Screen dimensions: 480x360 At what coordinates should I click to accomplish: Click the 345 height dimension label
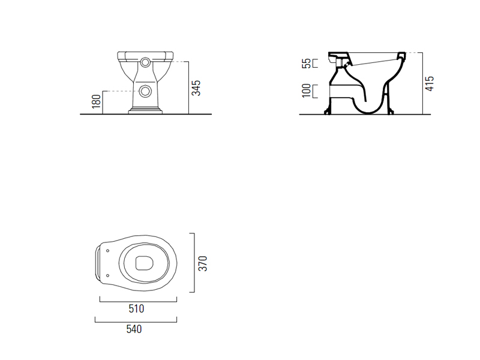pyautogui.click(x=196, y=88)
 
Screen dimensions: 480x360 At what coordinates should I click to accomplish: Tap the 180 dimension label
pyautogui.click(x=96, y=101)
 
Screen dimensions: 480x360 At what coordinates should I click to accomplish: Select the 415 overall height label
pyautogui.click(x=430, y=83)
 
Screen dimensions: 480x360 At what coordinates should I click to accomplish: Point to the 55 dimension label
pyautogui.click(x=307, y=64)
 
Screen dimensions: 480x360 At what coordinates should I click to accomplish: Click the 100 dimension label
pyautogui.click(x=307, y=91)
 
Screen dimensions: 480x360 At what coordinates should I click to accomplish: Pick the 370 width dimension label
pyautogui.click(x=203, y=263)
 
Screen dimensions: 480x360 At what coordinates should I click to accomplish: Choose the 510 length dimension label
pyautogui.click(x=136, y=308)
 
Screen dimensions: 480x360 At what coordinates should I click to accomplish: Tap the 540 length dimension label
pyautogui.click(x=134, y=329)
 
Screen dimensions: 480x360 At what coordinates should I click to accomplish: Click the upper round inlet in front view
pyautogui.click(x=145, y=63)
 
